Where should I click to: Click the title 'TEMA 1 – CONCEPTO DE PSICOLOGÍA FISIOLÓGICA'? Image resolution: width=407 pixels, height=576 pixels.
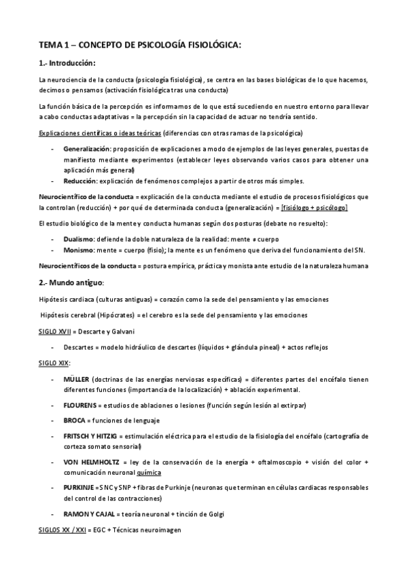pos(140,46)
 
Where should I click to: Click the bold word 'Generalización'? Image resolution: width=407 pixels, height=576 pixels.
pos(86,149)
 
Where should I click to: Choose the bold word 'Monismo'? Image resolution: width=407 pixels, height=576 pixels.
pos(78,250)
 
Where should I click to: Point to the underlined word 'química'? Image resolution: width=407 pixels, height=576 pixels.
pos(149,472)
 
